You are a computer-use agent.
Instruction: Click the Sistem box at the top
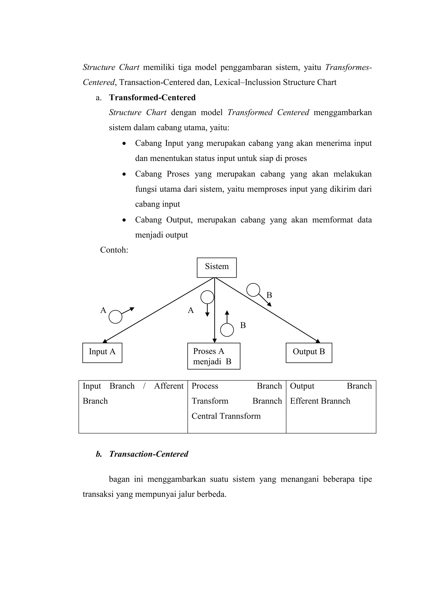click(x=217, y=267)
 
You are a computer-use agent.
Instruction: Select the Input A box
click(x=102, y=353)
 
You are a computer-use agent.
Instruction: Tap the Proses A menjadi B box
click(x=214, y=356)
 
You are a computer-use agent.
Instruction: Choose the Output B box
click(x=309, y=353)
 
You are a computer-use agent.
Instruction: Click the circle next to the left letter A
click(x=115, y=317)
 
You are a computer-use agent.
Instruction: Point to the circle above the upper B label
click(x=253, y=290)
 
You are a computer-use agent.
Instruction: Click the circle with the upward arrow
click(x=227, y=330)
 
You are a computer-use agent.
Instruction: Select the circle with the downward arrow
click(x=207, y=297)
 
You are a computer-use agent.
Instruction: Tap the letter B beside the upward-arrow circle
click(x=243, y=325)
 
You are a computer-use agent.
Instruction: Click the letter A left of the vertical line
click(x=191, y=310)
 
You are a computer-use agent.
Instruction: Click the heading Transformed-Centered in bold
click(x=152, y=98)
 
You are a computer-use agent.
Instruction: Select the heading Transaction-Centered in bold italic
click(x=149, y=454)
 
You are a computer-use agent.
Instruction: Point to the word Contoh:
click(x=114, y=250)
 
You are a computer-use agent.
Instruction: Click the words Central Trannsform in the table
click(x=226, y=416)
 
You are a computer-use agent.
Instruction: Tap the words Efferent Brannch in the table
click(x=320, y=401)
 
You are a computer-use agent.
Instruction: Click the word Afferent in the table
click(x=169, y=386)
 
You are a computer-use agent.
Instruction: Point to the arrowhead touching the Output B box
click(x=318, y=341)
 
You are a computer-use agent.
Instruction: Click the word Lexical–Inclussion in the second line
click(x=247, y=82)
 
